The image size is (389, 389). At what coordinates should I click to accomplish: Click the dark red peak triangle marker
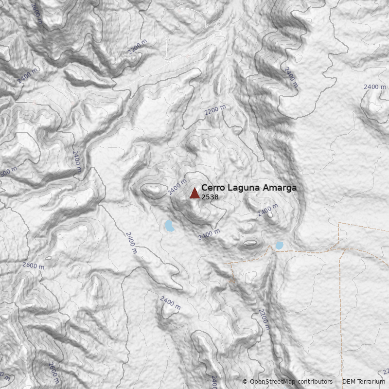coord(194,194)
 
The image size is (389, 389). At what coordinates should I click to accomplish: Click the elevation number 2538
coord(210,197)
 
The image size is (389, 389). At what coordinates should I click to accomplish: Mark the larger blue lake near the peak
coord(169,226)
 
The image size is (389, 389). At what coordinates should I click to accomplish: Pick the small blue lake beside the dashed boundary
coord(280,246)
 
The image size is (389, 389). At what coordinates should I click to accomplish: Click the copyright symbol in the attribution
coord(245,382)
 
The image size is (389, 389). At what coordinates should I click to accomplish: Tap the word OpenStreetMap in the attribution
coord(273,382)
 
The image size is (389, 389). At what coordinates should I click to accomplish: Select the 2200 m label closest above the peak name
coord(215,110)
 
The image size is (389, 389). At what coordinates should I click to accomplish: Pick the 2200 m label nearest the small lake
coord(264,319)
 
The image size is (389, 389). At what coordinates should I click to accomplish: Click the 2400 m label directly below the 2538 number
coord(209,234)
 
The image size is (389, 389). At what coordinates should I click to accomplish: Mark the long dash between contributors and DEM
coord(337,382)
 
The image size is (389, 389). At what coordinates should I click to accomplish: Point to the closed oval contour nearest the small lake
coord(250,242)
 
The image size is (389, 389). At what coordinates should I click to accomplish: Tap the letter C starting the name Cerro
coord(204,188)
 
